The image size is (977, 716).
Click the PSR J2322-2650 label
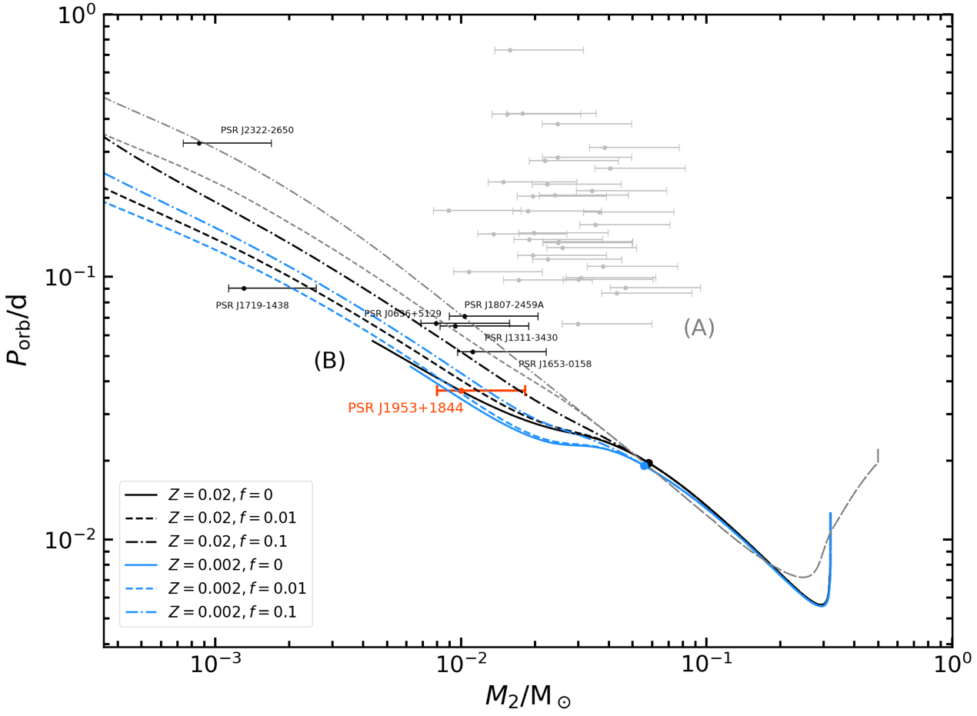coord(257,131)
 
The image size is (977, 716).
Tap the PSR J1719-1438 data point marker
coord(244,288)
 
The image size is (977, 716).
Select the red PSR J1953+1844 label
coord(405,408)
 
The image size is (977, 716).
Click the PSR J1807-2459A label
coord(504,305)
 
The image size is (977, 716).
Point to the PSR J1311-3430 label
coord(521,338)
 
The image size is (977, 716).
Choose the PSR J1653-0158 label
coord(555,364)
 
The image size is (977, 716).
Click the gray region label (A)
coord(699,328)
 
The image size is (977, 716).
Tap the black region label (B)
coord(329,361)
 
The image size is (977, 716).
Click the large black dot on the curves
coord(649,463)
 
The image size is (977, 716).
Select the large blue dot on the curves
coord(645,466)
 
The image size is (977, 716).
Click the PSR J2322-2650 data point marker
coord(198,143)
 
